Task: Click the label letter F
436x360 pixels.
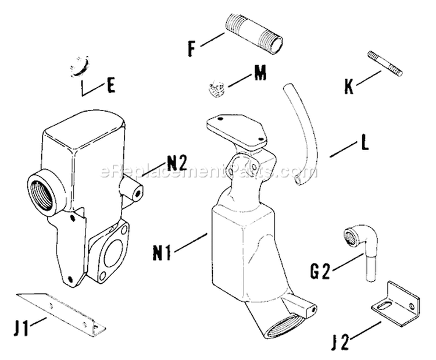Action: (192, 49)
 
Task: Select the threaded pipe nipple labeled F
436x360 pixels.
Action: (254, 34)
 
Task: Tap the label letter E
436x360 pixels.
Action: (110, 87)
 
